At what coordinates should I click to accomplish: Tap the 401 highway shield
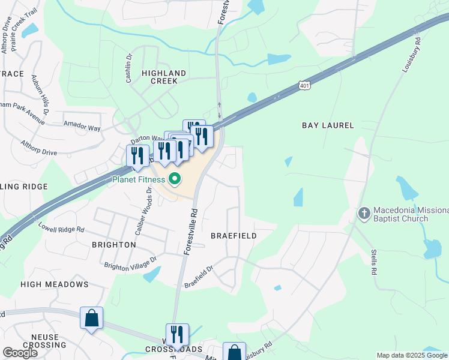[305, 85]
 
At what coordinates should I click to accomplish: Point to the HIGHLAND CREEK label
[164, 77]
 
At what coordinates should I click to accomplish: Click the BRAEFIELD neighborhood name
[234, 236]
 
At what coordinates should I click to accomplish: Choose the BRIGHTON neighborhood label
[113, 245]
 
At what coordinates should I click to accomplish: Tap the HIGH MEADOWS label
[55, 284]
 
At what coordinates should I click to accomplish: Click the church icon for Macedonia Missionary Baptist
[364, 213]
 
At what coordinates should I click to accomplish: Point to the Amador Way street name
[82, 124]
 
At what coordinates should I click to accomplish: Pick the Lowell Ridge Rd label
[61, 229]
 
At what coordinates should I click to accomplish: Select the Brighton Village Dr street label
[130, 263]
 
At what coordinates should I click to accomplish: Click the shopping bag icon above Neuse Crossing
[91, 318]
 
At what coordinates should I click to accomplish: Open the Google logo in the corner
[20, 353]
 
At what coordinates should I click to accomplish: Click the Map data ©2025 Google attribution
[412, 355]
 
